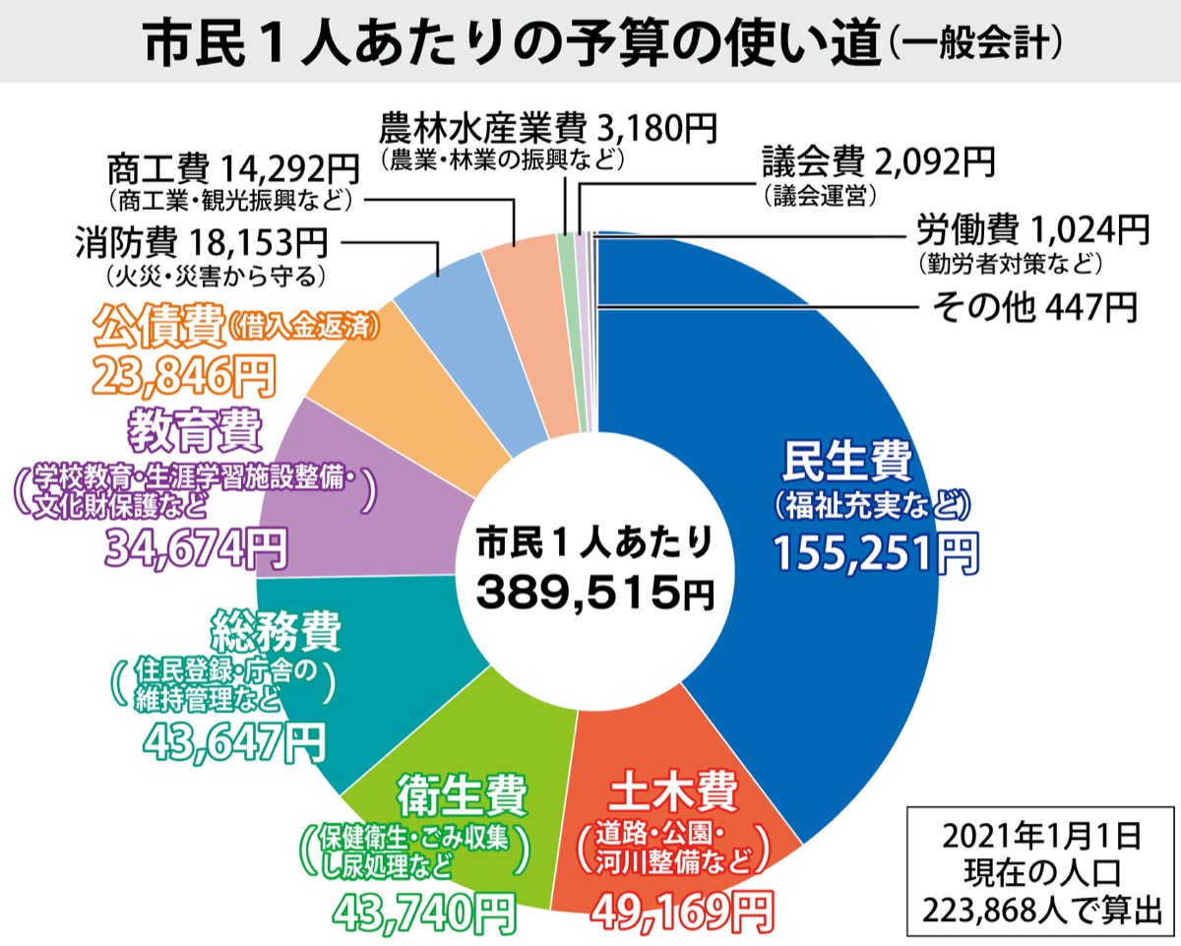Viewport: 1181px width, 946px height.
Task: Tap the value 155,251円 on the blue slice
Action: click(x=875, y=554)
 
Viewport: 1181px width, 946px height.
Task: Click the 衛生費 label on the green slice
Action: click(x=464, y=794)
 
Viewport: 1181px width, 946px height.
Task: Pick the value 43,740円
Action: click(x=422, y=913)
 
